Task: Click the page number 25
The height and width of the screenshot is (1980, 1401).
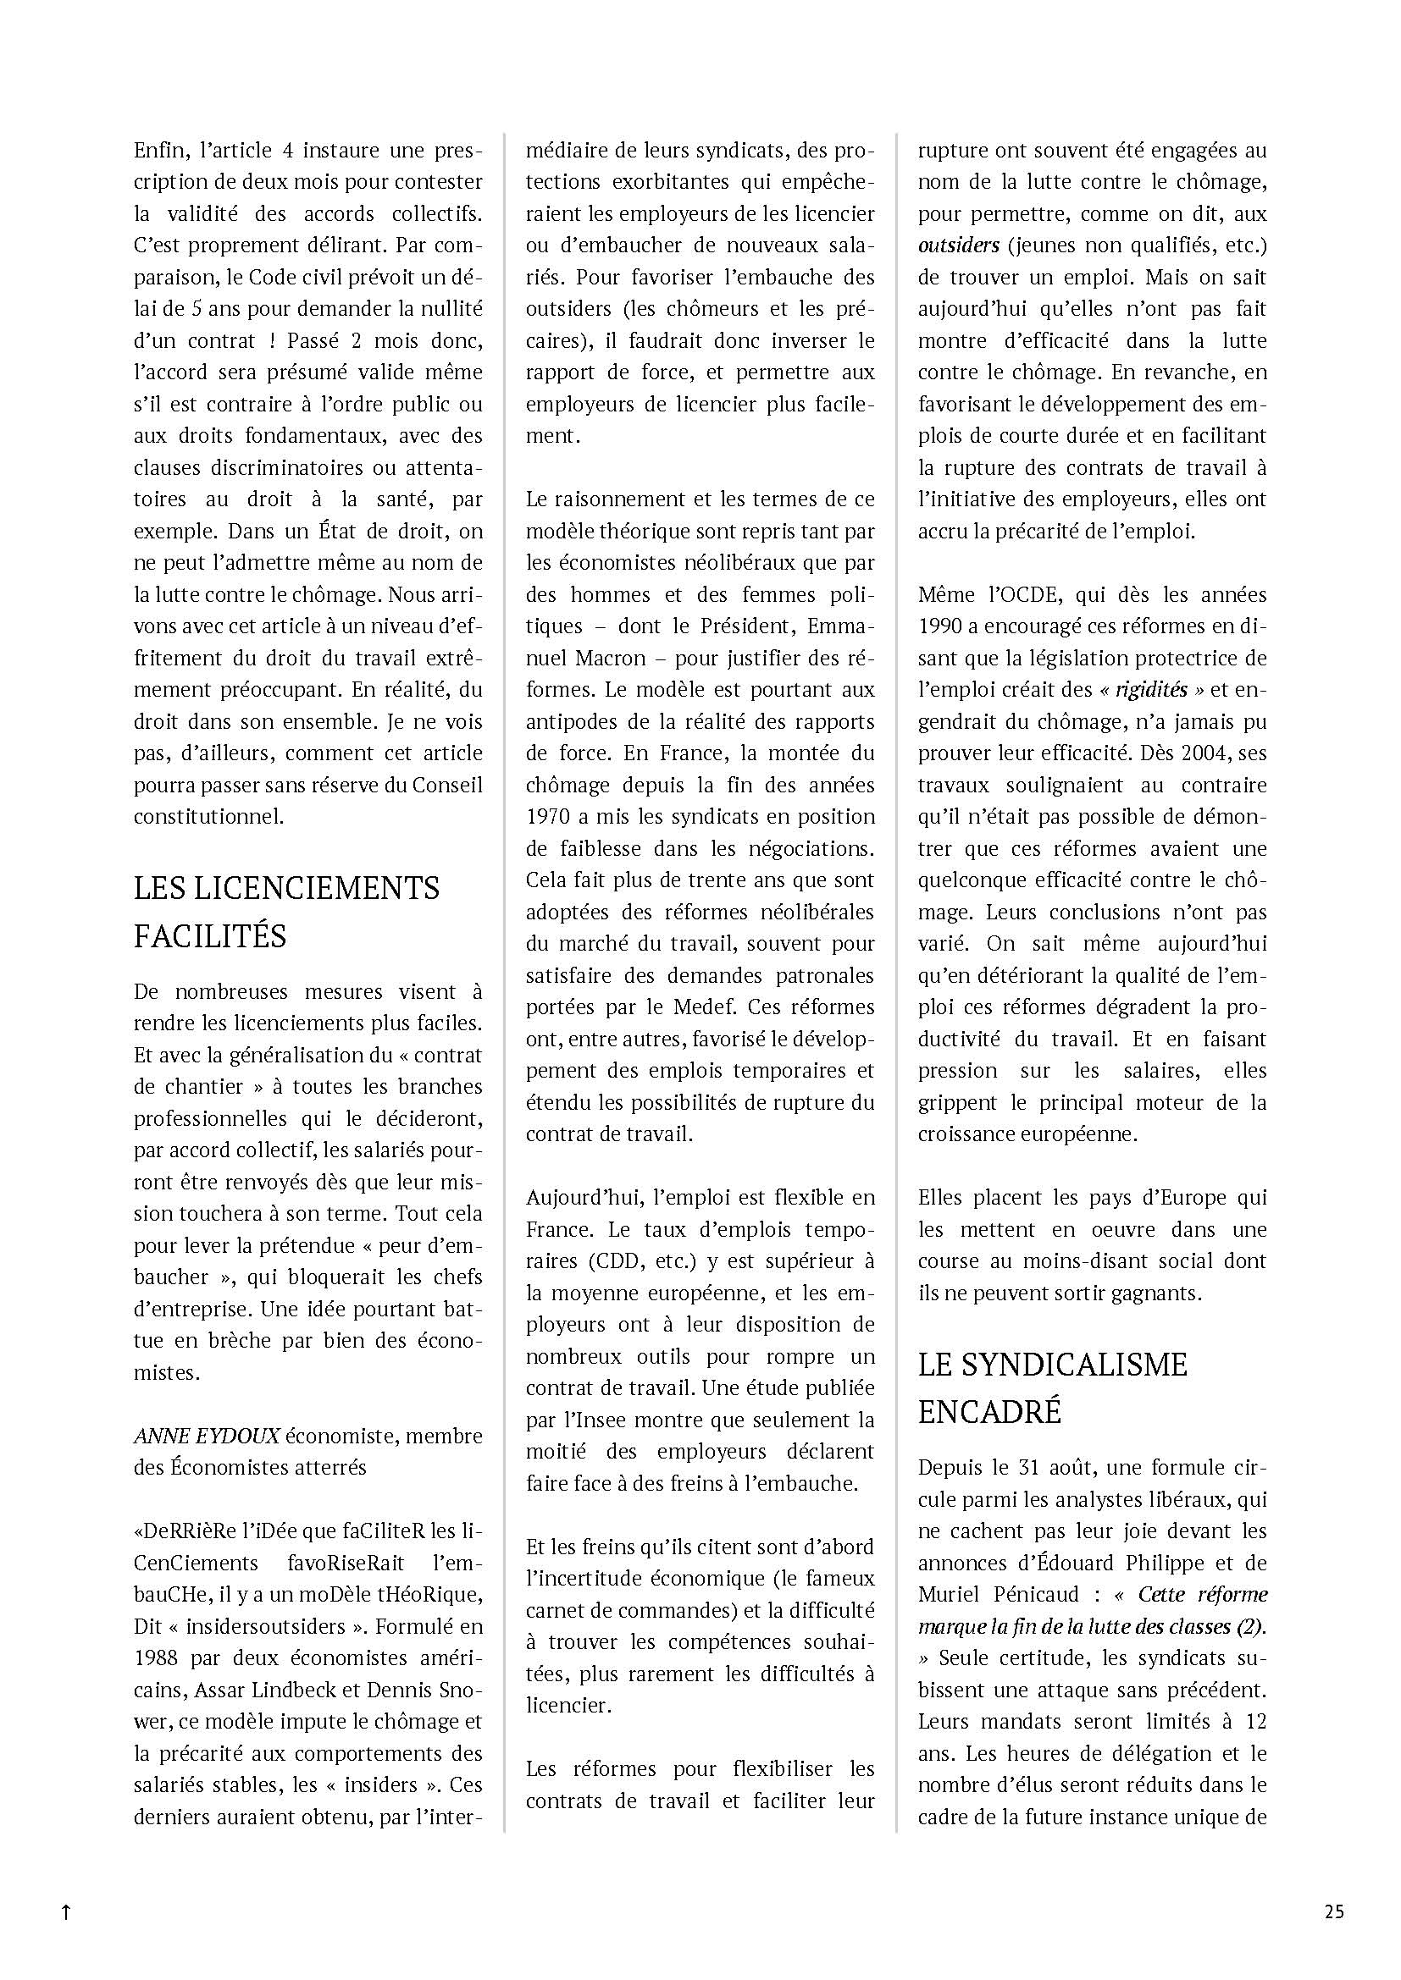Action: [1334, 1912]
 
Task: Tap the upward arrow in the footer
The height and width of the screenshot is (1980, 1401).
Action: [65, 1913]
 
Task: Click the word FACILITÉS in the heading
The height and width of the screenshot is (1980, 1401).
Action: [209, 935]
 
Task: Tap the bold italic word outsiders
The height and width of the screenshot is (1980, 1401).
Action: [959, 245]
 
